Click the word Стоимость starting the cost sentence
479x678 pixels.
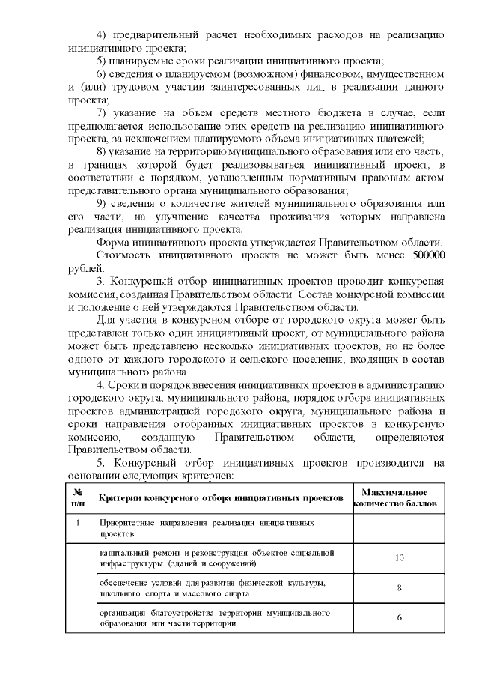pos(123,255)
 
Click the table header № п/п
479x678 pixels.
pos(78,498)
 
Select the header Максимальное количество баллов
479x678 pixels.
pos(394,498)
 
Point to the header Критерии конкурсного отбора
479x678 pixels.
pos(221,498)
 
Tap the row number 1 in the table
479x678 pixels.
pos(78,522)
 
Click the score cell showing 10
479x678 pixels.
pos(400,557)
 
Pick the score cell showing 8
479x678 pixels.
pos(400,587)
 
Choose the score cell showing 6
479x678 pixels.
pos(400,617)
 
